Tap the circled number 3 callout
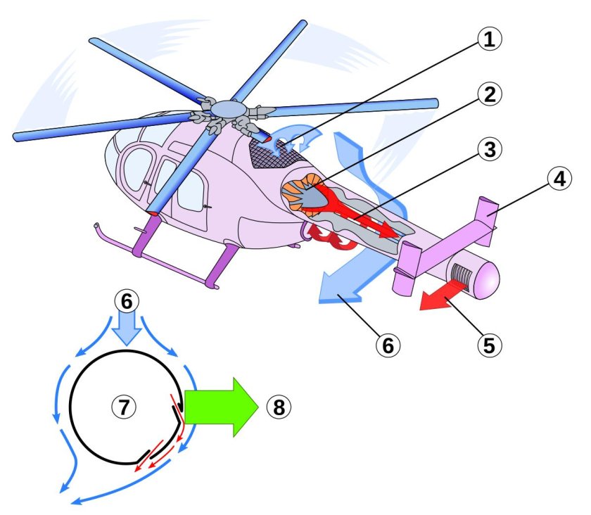(488, 148)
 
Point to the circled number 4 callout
(559, 179)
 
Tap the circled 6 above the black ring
(126, 300)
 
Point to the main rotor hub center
(227, 108)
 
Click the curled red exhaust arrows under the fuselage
(327, 240)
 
